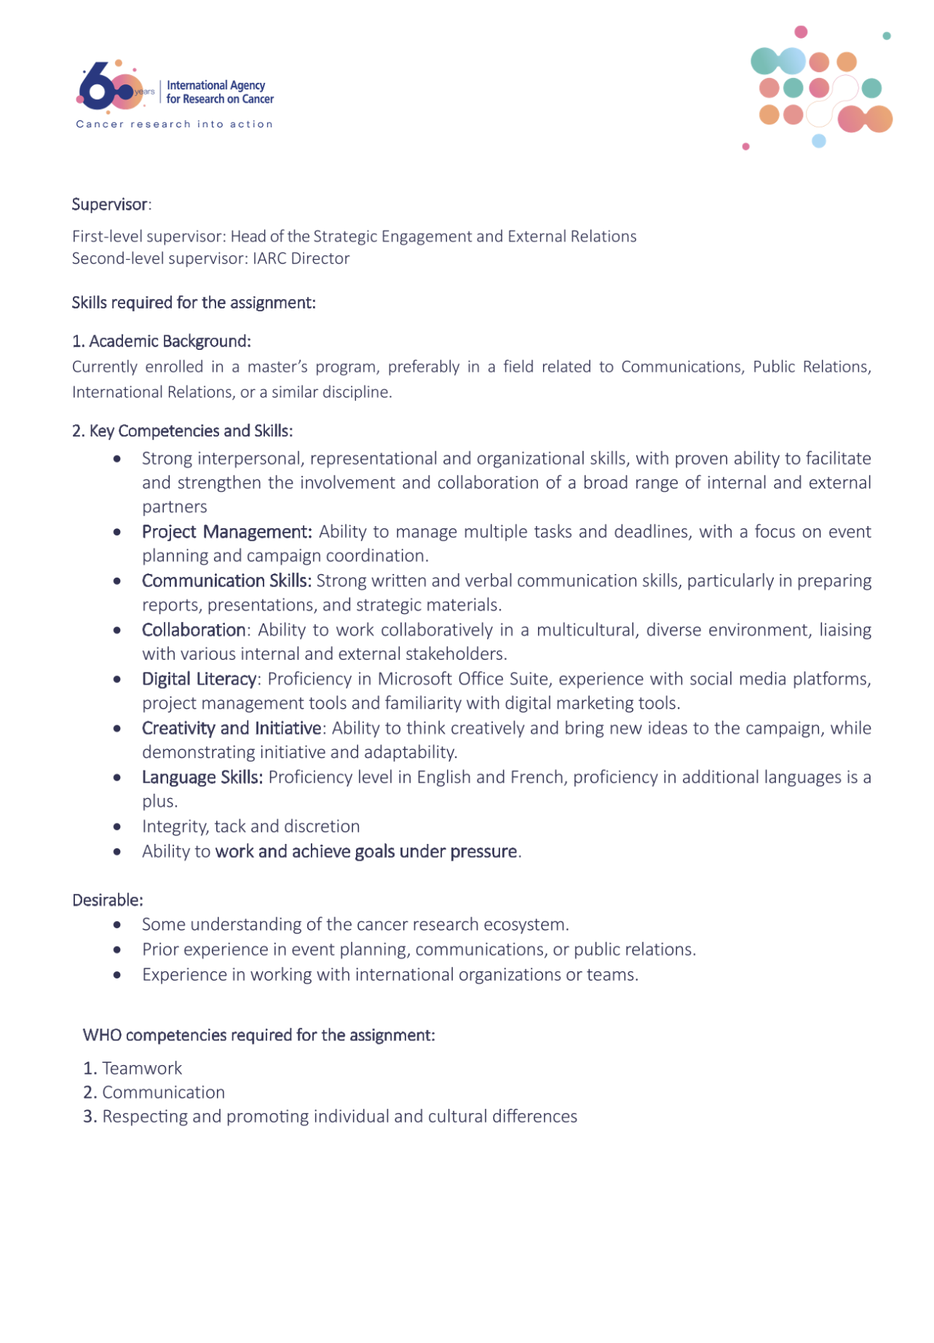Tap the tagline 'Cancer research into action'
(x=175, y=124)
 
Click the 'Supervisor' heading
(x=110, y=204)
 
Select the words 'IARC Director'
(x=301, y=258)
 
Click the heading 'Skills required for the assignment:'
(x=194, y=303)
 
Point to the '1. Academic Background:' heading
(x=161, y=341)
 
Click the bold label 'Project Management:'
(x=226, y=532)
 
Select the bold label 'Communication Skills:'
(x=226, y=581)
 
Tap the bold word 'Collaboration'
(x=194, y=630)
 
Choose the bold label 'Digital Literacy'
(x=199, y=679)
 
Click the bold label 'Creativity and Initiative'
(x=231, y=728)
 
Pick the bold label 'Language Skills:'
(x=202, y=777)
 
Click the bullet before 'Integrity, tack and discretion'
(x=117, y=827)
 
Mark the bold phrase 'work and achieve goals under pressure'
(x=366, y=851)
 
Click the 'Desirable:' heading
(x=108, y=900)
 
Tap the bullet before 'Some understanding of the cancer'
(x=117, y=925)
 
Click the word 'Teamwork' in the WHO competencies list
(x=142, y=1068)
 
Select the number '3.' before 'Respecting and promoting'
(x=90, y=1116)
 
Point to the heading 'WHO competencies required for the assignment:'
(x=259, y=1035)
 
